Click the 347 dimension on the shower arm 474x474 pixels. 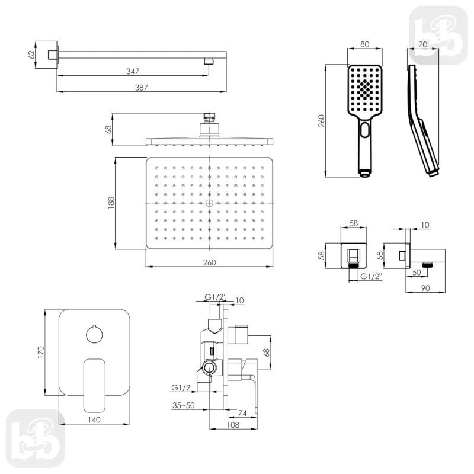[133, 71]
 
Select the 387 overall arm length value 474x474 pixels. [141, 87]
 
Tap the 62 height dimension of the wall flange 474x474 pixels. [31, 55]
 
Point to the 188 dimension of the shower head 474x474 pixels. [111, 203]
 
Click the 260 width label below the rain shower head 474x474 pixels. [210, 262]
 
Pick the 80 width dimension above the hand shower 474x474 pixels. [365, 44]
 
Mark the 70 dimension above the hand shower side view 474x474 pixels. [423, 44]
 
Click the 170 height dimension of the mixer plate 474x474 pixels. [41, 353]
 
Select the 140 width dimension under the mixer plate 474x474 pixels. [94, 419]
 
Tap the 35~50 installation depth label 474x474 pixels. [184, 405]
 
